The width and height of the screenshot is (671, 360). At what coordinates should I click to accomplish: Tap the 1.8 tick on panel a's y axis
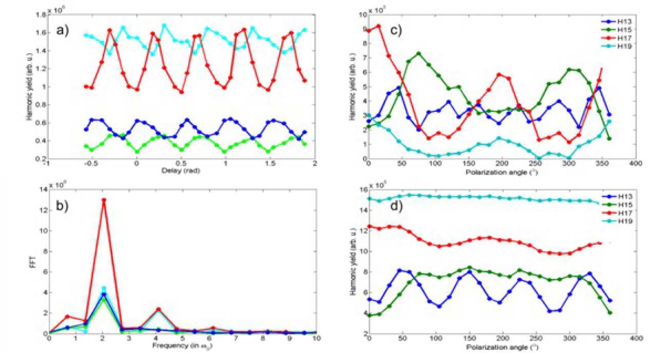40,14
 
